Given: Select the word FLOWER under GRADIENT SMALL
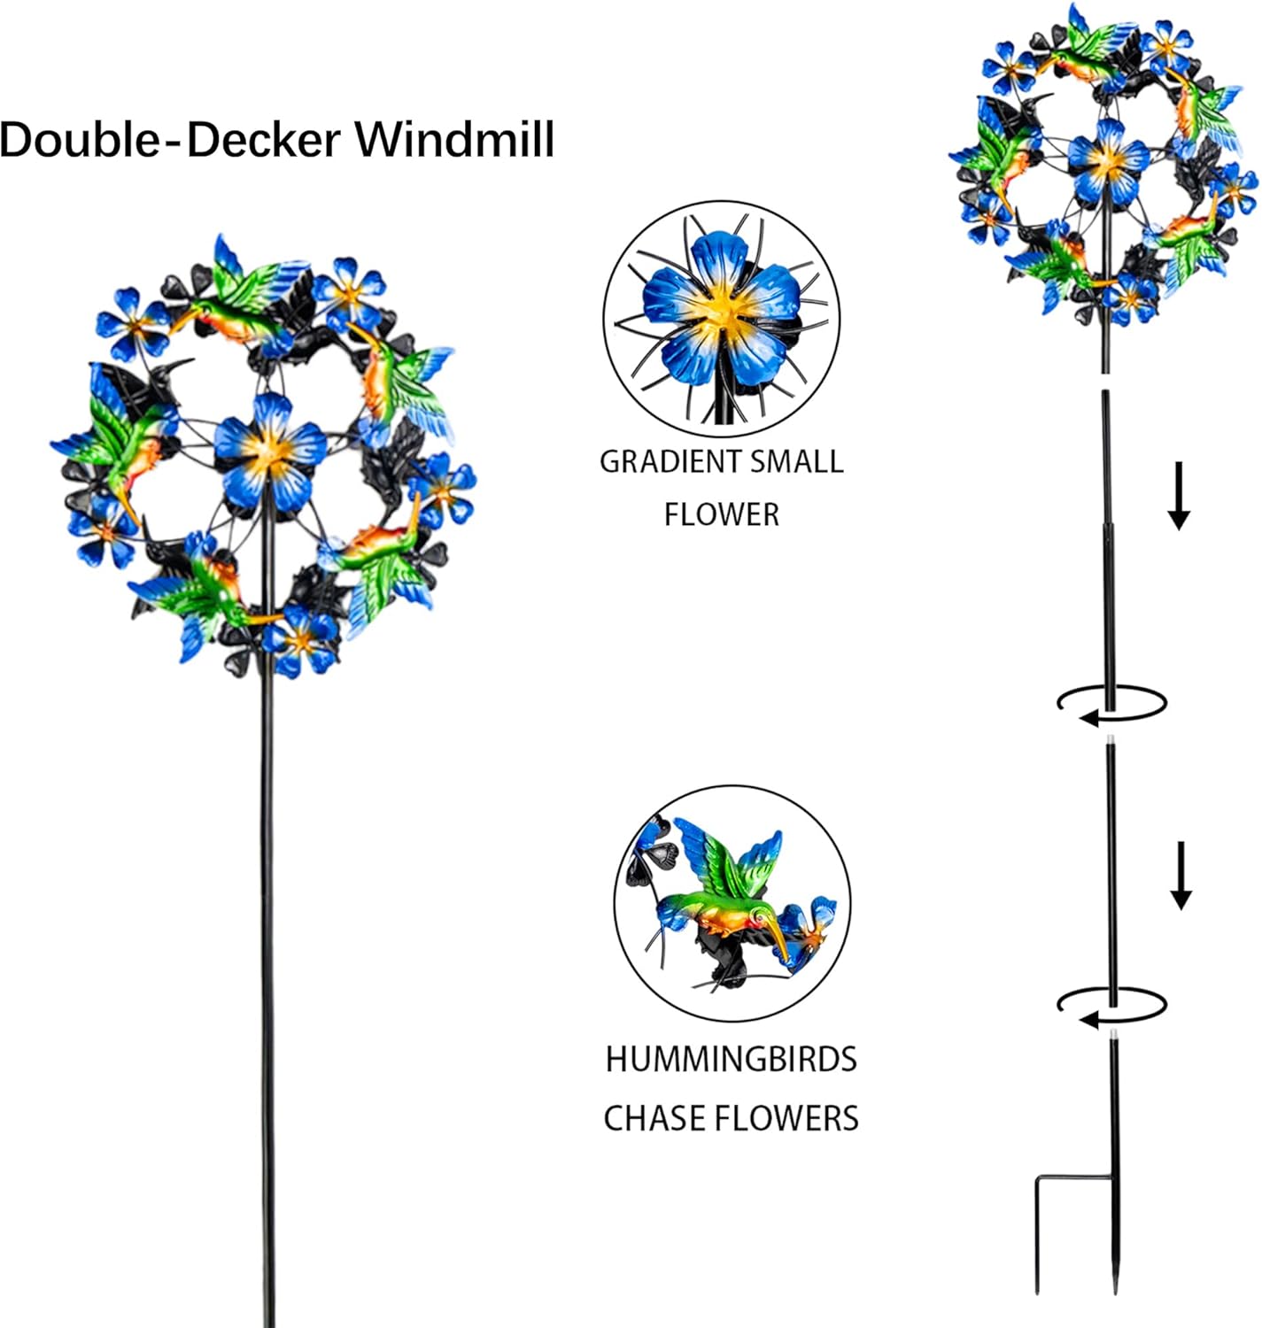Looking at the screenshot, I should pyautogui.click(x=721, y=514).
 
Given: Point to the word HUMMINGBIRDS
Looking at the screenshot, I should pyautogui.click(x=731, y=1060).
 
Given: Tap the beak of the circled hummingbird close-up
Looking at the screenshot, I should pyautogui.click(x=781, y=941).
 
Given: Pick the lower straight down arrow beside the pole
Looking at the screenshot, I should pyautogui.click(x=1181, y=876).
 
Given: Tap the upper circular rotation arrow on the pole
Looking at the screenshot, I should pyautogui.click(x=1112, y=704).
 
